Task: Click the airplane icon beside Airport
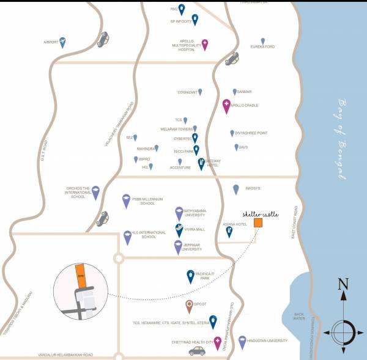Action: (63, 42)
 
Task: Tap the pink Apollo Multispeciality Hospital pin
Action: (205, 45)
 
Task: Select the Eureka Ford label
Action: (263, 47)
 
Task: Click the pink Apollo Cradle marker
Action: (226, 105)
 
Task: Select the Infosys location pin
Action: (236, 189)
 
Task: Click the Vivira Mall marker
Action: (179, 230)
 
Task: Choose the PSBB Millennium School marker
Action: (126, 200)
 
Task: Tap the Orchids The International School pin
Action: (96, 192)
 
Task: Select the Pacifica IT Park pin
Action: (190, 277)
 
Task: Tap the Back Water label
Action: (299, 316)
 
